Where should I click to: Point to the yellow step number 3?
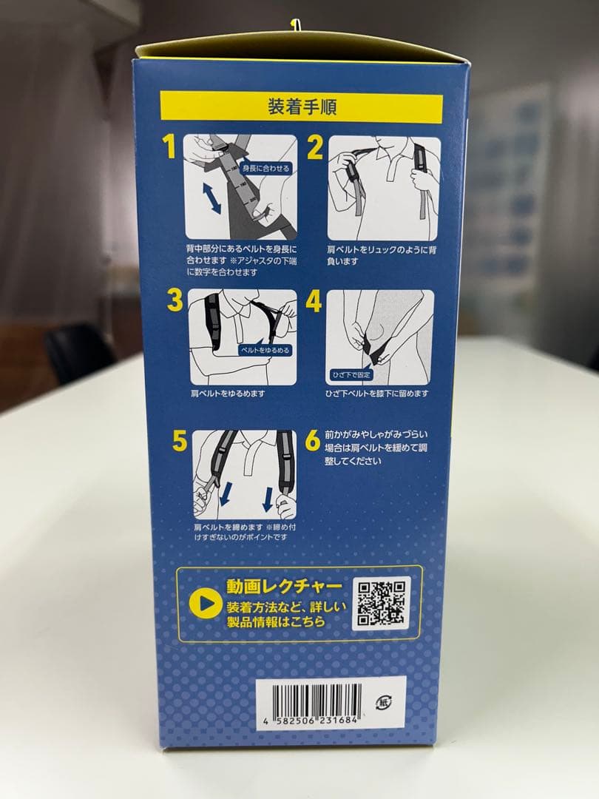click(175, 300)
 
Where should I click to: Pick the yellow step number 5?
click(180, 440)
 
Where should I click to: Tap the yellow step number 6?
click(313, 440)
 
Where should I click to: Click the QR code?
click(382, 603)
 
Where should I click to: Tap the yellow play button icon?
click(205, 604)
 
